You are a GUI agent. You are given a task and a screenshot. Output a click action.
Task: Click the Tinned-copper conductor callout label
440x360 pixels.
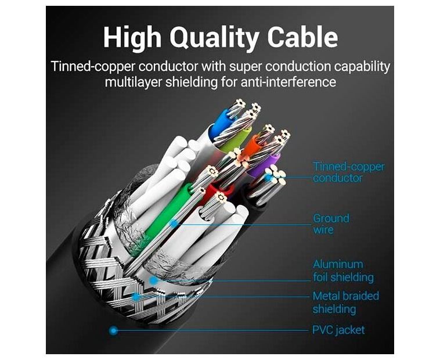[348, 172]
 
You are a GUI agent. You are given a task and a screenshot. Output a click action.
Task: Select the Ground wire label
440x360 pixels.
[331, 224]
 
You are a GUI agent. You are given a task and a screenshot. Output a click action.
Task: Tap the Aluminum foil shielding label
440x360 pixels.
[343, 271]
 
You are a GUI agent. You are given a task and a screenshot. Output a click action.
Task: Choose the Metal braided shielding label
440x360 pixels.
[345, 302]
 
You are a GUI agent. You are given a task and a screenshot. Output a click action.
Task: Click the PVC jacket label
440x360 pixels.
[338, 330]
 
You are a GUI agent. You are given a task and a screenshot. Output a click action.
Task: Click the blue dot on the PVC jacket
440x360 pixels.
[114, 330]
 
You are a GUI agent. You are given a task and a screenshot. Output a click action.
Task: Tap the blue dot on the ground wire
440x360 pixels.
[172, 223]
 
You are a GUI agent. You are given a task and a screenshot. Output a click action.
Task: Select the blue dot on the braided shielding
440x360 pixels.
[136, 297]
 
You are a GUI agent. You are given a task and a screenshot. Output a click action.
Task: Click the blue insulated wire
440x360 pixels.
[221, 122]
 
